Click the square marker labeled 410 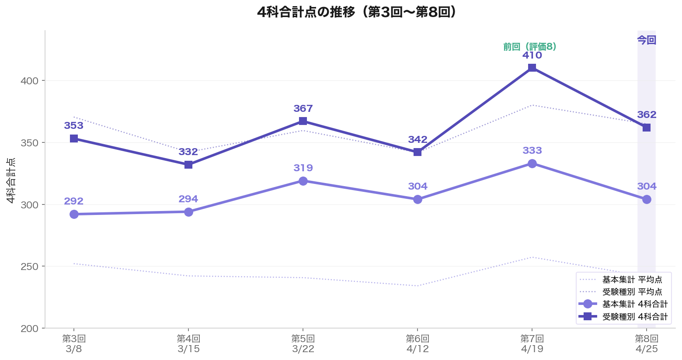point(532,68)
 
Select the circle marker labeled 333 point(532,163)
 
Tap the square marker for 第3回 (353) point(74,138)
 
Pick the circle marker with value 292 point(74,214)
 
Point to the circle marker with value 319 point(303,181)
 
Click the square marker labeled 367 point(303,121)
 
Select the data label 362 point(647,115)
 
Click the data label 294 point(188,199)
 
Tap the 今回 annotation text point(647,40)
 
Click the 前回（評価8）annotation point(529,47)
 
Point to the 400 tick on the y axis point(30,81)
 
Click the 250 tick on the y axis point(30,267)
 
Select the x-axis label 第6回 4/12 point(418,343)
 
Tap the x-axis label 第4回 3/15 point(188,343)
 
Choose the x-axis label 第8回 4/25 point(647,343)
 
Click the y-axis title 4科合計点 point(11,180)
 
